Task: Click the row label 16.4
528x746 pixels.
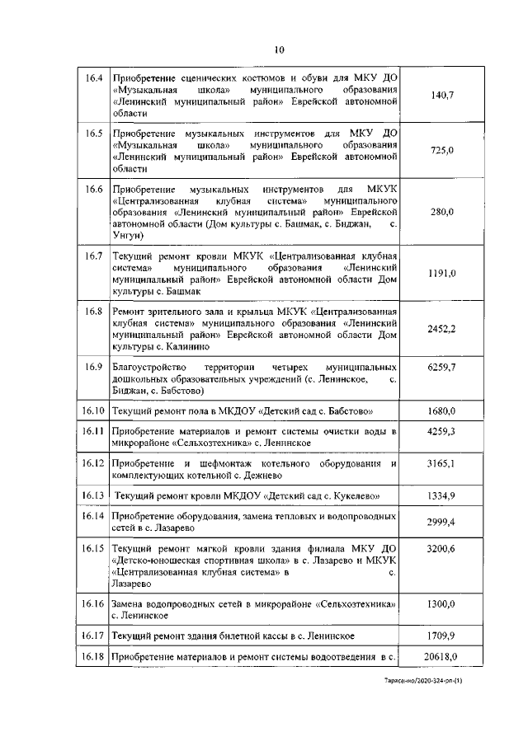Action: point(93,78)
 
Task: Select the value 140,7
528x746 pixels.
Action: point(442,96)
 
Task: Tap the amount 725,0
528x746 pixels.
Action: point(442,149)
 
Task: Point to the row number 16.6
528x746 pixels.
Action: point(93,189)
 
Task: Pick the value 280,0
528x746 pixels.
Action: point(442,212)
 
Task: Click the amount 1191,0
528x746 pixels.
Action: point(442,273)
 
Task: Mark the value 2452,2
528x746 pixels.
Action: point(442,329)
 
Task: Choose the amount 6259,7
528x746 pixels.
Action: point(442,367)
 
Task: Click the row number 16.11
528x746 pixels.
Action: point(93,431)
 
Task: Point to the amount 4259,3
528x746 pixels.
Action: point(442,431)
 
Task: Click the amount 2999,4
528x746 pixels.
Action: point(442,523)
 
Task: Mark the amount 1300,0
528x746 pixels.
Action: point(442,604)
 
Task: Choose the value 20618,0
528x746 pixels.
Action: point(442,656)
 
